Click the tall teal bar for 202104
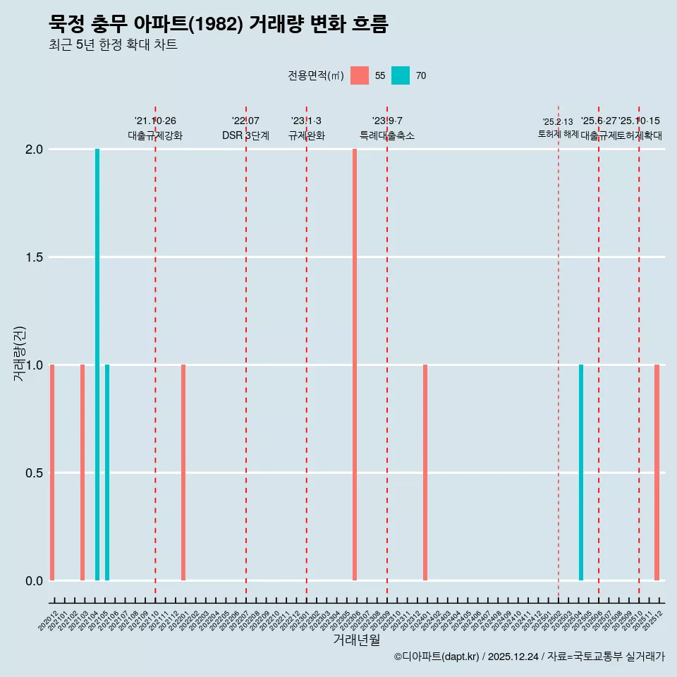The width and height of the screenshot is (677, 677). (97, 365)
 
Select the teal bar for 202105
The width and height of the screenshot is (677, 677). (107, 472)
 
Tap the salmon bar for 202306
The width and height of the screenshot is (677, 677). (355, 365)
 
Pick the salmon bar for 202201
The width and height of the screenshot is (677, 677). (183, 472)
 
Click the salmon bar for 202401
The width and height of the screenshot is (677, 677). (425, 472)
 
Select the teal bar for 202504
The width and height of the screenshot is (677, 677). (581, 472)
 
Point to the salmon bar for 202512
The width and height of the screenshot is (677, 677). (657, 472)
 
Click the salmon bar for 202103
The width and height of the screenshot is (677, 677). (83, 472)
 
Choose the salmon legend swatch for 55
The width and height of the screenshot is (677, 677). (360, 75)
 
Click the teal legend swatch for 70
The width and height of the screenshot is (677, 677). (401, 75)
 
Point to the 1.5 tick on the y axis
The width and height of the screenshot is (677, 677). (34, 257)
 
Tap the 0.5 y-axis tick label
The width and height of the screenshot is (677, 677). (34, 473)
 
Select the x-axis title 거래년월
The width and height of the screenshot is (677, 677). (357, 640)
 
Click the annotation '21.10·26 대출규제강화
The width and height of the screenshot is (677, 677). (155, 128)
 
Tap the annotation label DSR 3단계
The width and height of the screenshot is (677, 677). (245, 135)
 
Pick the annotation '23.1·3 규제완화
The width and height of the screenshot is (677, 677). (306, 128)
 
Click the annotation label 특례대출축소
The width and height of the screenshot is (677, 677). (387, 135)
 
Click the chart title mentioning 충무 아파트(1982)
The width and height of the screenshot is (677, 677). (219, 24)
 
